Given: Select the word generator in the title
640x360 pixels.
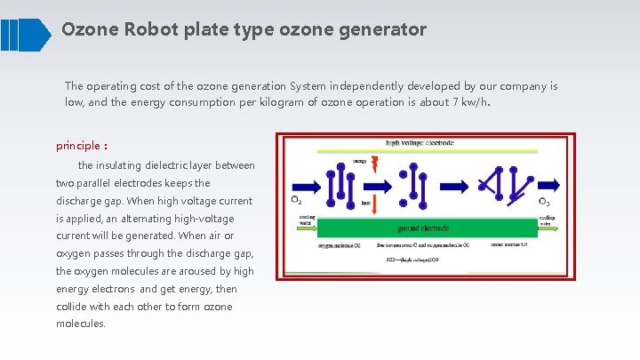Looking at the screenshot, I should [x=385, y=29].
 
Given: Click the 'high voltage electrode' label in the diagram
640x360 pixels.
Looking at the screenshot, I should [x=420, y=142].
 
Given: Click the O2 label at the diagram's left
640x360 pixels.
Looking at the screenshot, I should [x=297, y=201].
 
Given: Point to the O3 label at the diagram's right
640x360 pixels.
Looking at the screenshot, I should [x=545, y=202].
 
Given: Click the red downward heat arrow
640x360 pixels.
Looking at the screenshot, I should [x=373, y=204].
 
